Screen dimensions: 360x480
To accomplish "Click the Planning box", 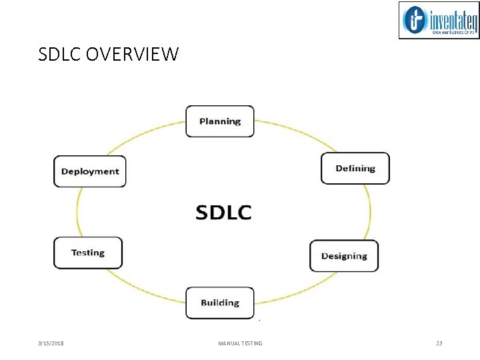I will pos(219,121).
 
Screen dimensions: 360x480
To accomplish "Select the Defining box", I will pos(355,169).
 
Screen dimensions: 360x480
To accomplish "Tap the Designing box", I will pos(344,256).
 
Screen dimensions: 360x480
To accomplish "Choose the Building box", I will pos(219,303).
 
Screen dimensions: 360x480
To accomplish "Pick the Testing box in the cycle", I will pos(88,253).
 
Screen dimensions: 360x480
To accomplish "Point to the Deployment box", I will pos(89,171).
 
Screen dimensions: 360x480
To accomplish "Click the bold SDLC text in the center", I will pos(223,212).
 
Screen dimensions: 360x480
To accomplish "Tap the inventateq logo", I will pos(439,20).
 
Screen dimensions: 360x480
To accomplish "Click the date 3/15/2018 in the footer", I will pos(51,343).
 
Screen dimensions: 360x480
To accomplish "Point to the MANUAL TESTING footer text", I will pos(240,343).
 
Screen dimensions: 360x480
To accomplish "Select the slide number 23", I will pos(439,343).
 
